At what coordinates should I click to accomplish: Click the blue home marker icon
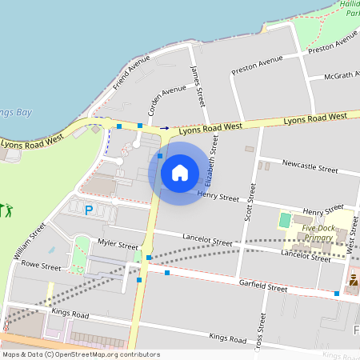pyautogui.click(x=180, y=173)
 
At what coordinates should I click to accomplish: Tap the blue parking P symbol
pyautogui.click(x=89, y=210)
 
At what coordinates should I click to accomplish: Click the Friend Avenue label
pyautogui.click(x=132, y=72)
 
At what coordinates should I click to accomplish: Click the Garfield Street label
pyautogui.click(x=262, y=286)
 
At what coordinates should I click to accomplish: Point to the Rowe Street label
pyautogui.click(x=41, y=265)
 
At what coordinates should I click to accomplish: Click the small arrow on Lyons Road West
pyautogui.click(x=164, y=127)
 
